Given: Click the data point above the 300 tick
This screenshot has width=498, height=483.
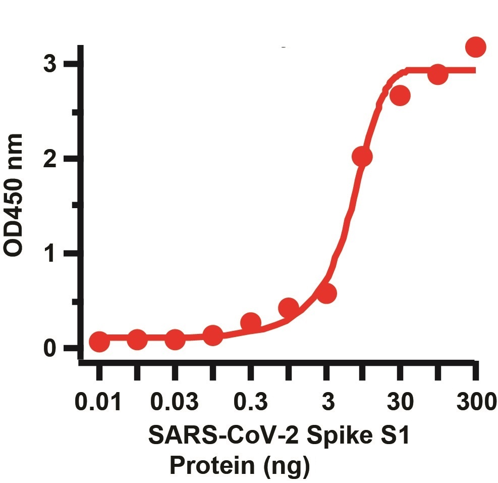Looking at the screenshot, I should point(475,47).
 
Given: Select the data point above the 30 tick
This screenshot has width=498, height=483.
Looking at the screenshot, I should point(400,95).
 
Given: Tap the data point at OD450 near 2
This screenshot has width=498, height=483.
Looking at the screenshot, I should point(362,157).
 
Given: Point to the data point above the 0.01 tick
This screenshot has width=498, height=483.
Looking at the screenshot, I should point(99,342).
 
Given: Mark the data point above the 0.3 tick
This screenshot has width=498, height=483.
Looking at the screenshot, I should point(250,322).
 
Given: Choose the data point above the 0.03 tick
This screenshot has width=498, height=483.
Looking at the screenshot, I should point(175,340).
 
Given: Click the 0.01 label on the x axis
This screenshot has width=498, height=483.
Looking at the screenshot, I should point(99,404).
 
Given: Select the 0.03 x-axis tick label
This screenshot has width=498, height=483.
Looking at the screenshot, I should point(175,404).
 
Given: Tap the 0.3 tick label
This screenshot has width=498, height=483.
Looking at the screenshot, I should point(250,404).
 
